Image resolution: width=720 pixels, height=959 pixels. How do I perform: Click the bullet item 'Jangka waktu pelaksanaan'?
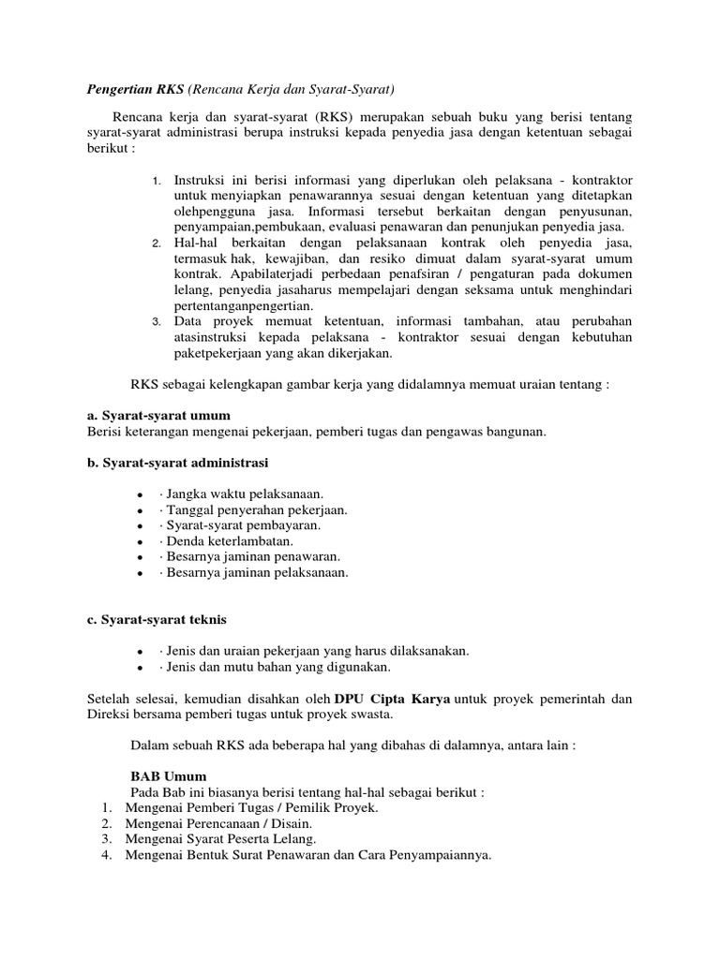pos(245,494)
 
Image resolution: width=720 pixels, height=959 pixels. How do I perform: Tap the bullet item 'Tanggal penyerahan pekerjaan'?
pos(256,509)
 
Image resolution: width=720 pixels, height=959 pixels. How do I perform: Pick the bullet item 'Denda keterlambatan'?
pos(229,541)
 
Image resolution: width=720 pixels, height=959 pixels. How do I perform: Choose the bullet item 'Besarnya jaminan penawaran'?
pos(249,556)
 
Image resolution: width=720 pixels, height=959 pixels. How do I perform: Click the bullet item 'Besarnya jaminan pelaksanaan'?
pos(256,572)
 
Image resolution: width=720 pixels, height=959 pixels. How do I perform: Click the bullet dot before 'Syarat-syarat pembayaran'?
pos(139,526)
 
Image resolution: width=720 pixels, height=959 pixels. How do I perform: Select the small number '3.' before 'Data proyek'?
pos(157,322)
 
